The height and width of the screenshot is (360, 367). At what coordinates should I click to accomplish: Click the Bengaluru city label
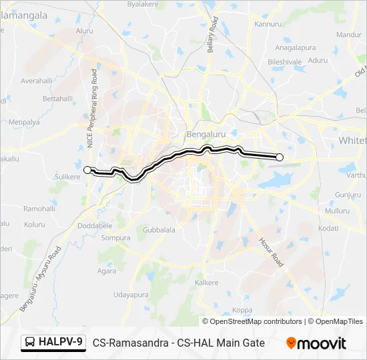tap(204, 132)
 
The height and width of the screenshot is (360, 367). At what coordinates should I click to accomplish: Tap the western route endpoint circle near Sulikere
tap(87, 170)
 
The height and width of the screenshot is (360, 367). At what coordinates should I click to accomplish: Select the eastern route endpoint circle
tap(280, 157)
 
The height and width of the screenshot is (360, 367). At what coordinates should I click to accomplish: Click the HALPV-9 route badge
tap(54, 342)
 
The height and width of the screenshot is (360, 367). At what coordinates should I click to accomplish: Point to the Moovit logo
tap(316, 343)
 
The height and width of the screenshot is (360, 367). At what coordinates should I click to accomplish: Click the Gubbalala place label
tap(159, 230)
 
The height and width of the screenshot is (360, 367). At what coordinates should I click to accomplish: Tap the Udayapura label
tap(129, 294)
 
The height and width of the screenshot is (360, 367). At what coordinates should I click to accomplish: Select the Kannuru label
tap(268, 24)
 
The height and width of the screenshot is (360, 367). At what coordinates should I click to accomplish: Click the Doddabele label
tap(95, 226)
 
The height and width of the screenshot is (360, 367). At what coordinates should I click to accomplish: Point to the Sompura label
tap(115, 237)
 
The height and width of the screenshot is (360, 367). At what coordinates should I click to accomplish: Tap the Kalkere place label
tap(206, 283)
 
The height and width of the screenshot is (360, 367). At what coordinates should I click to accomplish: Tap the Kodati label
tap(328, 228)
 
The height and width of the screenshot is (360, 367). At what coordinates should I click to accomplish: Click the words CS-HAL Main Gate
tap(227, 343)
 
